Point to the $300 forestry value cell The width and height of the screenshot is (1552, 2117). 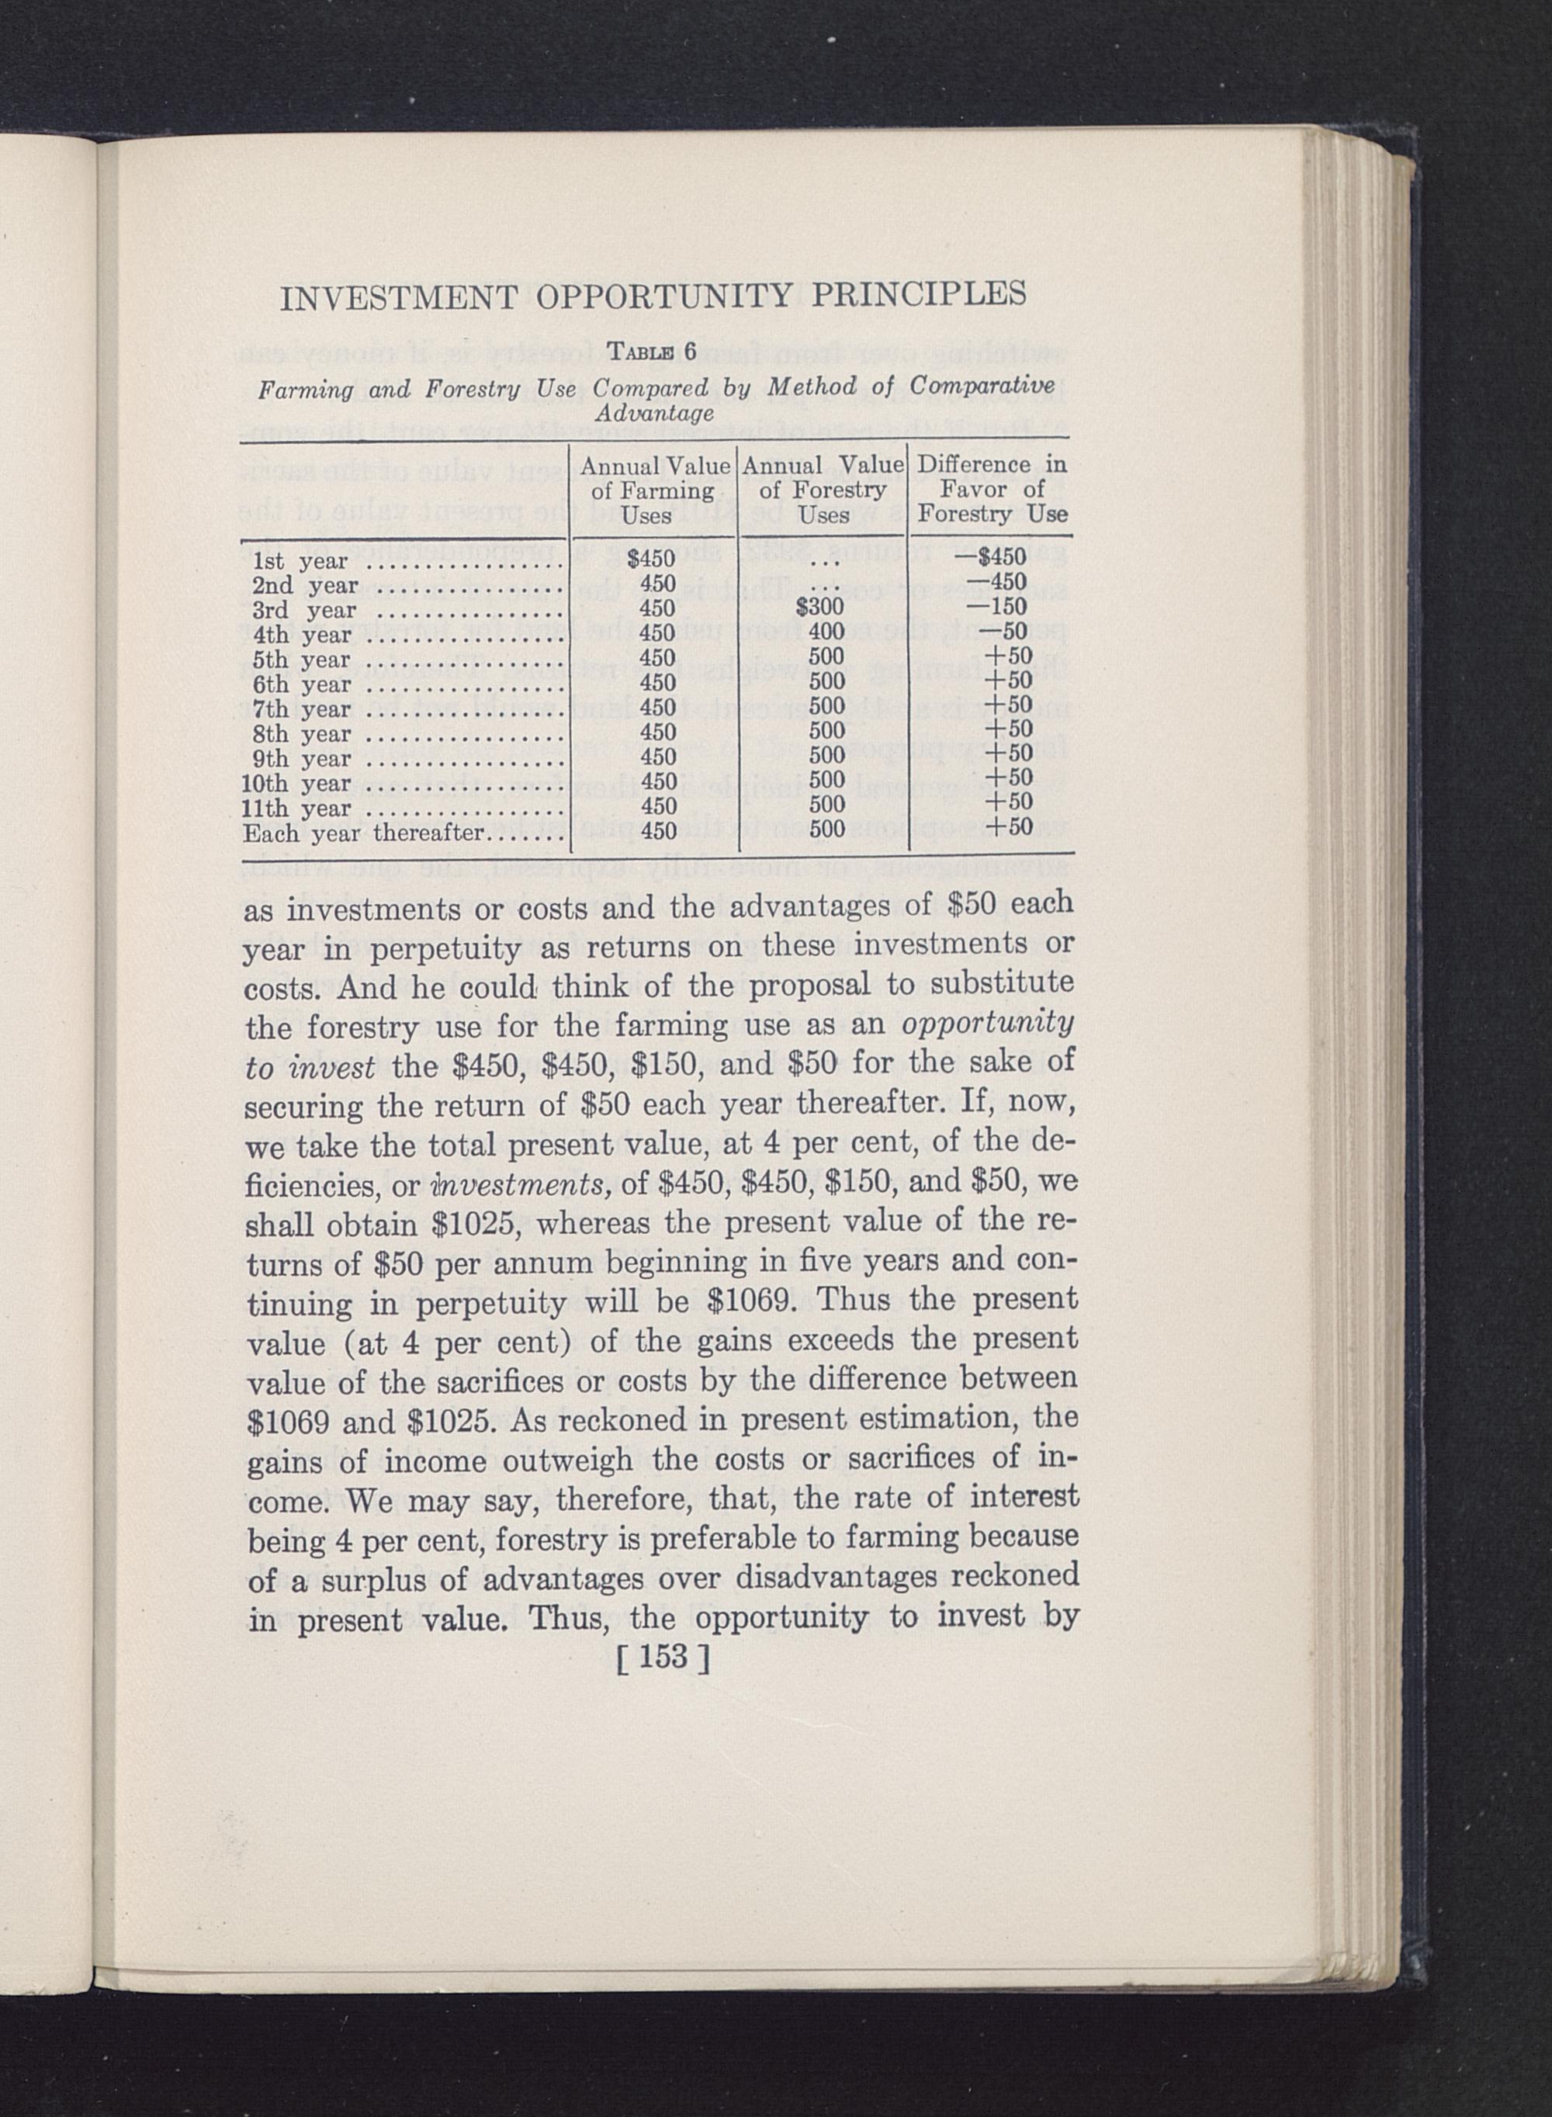click(820, 608)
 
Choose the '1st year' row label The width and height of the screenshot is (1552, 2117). click(300, 562)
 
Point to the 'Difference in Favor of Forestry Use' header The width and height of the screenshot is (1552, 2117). click(992, 490)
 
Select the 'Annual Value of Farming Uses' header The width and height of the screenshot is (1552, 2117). click(654, 490)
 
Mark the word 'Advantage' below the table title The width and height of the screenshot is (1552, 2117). click(655, 414)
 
